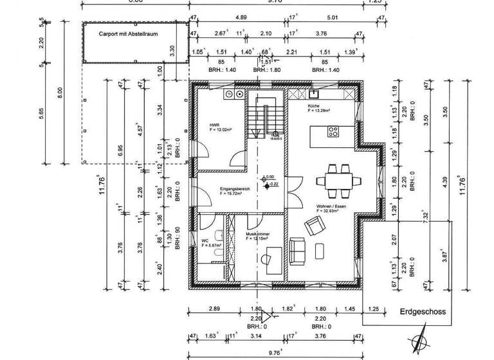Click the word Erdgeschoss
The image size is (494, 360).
(422, 312)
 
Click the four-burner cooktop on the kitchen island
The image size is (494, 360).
(334, 132)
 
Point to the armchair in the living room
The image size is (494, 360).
(315, 226)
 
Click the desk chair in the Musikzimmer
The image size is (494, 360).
(266, 258)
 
